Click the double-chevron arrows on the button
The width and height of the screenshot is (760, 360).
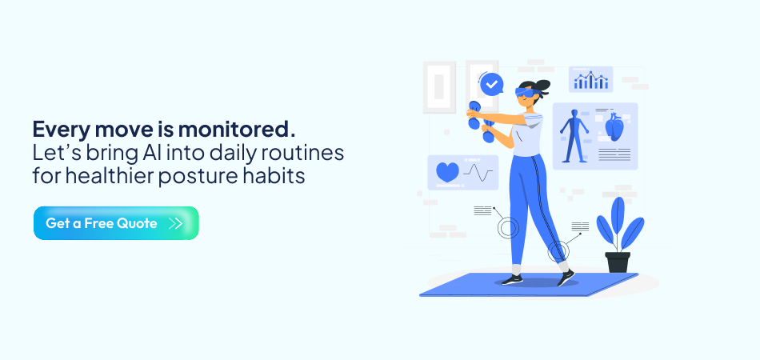click(x=177, y=223)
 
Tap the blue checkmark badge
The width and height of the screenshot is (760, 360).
click(x=491, y=82)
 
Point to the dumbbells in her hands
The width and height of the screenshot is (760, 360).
click(x=480, y=121)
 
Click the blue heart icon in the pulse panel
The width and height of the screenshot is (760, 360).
click(x=447, y=172)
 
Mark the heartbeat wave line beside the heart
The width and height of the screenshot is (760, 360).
click(x=479, y=172)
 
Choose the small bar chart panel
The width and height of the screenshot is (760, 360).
click(x=591, y=79)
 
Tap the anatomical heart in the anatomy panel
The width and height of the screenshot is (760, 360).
click(x=614, y=127)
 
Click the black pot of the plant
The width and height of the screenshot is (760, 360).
click(x=618, y=262)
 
